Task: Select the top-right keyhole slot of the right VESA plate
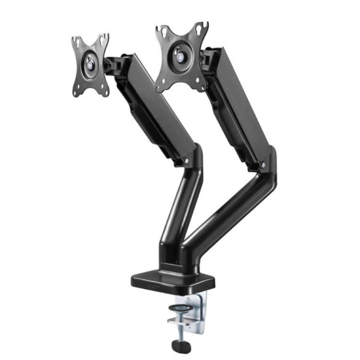pos(203,27)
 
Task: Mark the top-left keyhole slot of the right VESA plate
pos(161,31)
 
